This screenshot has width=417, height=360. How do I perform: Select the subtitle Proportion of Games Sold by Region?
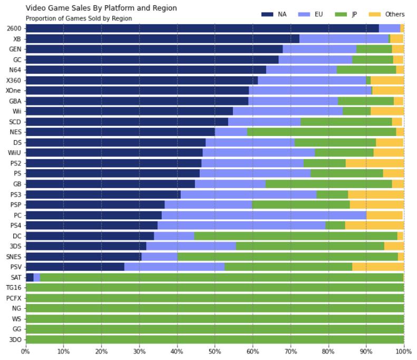click(x=79, y=18)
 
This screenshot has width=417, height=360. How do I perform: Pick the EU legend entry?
click(x=311, y=14)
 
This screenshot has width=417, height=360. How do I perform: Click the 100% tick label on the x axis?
click(x=403, y=351)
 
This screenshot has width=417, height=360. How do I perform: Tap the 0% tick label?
click(x=26, y=351)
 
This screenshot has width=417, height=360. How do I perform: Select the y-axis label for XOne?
click(x=13, y=91)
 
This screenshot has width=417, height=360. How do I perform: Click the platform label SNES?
click(x=13, y=256)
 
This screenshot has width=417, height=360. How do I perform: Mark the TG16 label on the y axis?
click(x=13, y=287)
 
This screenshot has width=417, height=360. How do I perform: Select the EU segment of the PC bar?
click(x=264, y=215)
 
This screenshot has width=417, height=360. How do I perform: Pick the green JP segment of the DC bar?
click(x=295, y=236)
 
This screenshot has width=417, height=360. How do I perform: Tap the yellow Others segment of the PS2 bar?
click(x=374, y=163)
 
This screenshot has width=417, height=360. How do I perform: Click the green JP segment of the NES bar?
click(x=321, y=132)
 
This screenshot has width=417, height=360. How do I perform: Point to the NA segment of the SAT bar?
click(x=30, y=277)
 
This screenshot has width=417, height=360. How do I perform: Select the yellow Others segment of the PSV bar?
click(x=377, y=267)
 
